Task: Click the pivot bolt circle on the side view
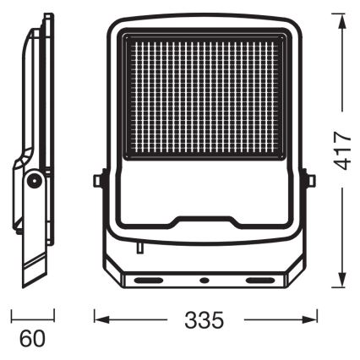point(34,179)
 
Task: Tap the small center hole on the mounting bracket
point(203,278)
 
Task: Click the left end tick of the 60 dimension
point(11,317)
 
